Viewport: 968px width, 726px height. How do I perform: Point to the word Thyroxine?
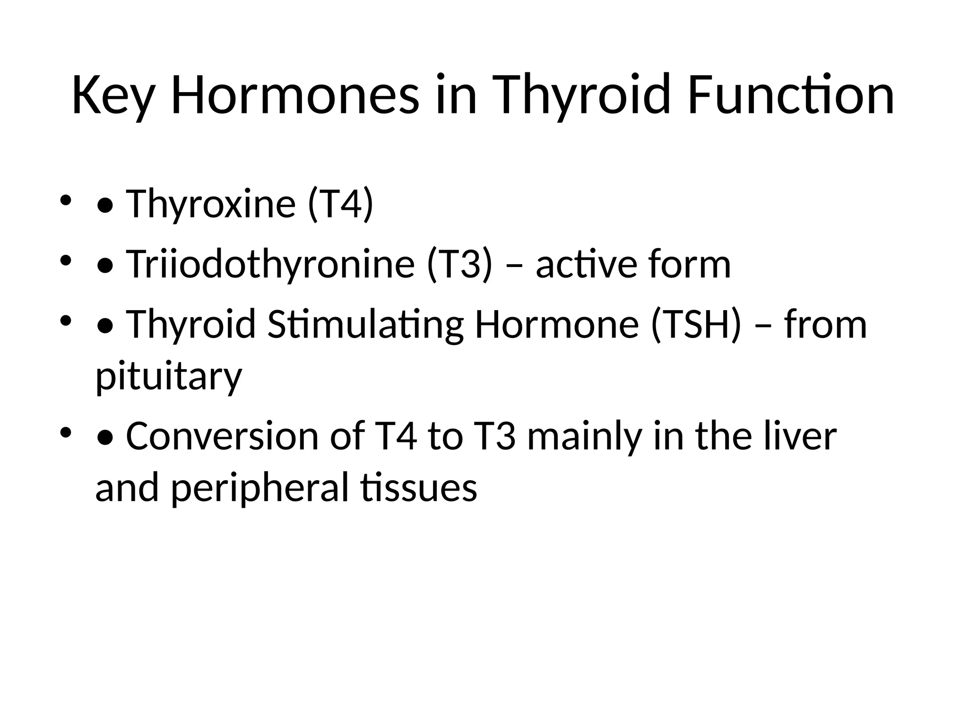[x=210, y=204]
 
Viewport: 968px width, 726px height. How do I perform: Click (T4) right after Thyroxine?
[x=340, y=204]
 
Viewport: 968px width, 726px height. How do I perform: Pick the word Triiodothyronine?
[x=270, y=264]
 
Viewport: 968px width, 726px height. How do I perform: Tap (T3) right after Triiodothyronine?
[x=459, y=264]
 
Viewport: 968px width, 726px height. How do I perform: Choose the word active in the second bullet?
[x=586, y=264]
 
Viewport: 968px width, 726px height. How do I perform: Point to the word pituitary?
[x=169, y=376]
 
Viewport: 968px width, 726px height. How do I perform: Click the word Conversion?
[x=222, y=436]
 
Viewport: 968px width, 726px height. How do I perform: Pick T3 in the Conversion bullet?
[x=494, y=436]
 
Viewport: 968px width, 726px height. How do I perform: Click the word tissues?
[x=418, y=488]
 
